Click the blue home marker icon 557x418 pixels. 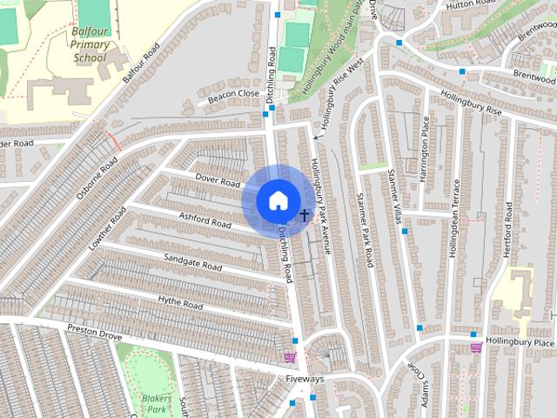[277, 200]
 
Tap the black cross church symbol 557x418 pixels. [305, 214]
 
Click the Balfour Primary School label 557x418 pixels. [89, 47]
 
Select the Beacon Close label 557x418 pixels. [232, 95]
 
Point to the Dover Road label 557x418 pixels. [217, 181]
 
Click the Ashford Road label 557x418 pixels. [205, 219]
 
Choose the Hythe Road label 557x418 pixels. [180, 302]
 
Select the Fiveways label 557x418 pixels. [305, 380]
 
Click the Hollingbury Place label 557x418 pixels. [520, 342]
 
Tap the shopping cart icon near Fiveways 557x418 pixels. [290, 356]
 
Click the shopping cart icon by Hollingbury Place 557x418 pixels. [476, 347]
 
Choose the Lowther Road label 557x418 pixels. [107, 229]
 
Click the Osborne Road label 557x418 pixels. [96, 178]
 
